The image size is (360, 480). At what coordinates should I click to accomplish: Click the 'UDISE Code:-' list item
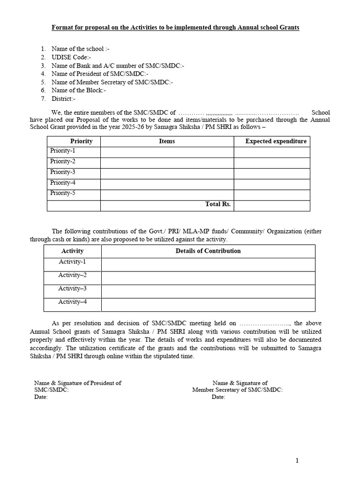[x=71, y=57]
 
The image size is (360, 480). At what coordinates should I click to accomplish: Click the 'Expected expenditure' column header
[x=276, y=141]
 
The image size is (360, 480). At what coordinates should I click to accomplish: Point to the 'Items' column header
[x=167, y=141]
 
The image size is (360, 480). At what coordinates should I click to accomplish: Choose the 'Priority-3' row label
[x=63, y=172]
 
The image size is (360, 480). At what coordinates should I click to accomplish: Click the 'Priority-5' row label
[x=63, y=193]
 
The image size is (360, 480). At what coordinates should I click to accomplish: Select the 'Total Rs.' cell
[x=218, y=204]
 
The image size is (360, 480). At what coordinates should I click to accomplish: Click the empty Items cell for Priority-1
[x=167, y=152]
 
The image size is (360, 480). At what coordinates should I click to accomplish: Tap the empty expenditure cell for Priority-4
[x=272, y=184]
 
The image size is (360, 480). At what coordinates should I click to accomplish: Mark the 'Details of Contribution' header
[x=208, y=251]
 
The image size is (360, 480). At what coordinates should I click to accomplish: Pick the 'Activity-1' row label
[x=72, y=262]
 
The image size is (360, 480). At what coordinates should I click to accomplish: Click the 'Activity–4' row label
[x=72, y=302]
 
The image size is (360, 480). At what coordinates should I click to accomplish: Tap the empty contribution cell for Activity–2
[x=208, y=278]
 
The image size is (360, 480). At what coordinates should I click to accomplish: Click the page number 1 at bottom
[x=297, y=461]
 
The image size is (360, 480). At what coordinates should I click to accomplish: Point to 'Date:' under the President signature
[x=41, y=397]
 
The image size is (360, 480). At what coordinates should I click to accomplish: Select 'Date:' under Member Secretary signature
[x=218, y=397]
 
